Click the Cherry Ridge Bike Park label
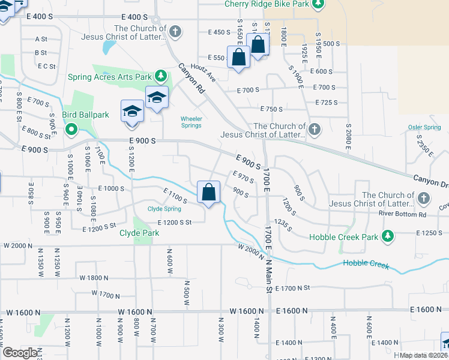(x=267, y=4)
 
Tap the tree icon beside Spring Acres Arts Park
(x=161, y=76)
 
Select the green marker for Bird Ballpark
(x=71, y=128)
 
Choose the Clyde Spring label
(x=164, y=209)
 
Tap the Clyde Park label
(x=139, y=233)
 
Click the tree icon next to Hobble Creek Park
(x=388, y=235)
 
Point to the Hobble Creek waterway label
(x=366, y=263)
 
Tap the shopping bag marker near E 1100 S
(x=208, y=193)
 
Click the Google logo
(x=19, y=353)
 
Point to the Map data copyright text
(x=423, y=355)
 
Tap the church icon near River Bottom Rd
(x=424, y=197)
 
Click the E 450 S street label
(x=219, y=32)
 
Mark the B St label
(x=41, y=53)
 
